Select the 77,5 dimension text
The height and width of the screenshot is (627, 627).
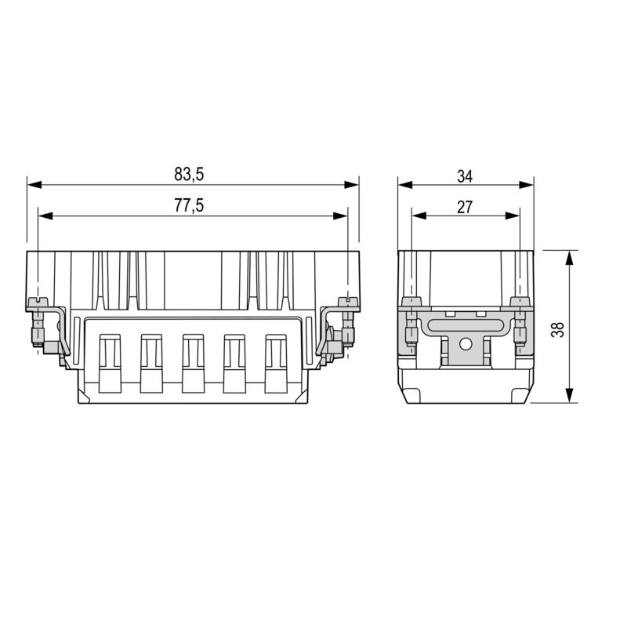[188, 205]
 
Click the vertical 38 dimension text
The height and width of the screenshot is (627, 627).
[557, 327]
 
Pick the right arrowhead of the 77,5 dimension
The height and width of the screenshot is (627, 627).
[342, 216]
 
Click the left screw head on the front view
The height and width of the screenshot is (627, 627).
[37, 302]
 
